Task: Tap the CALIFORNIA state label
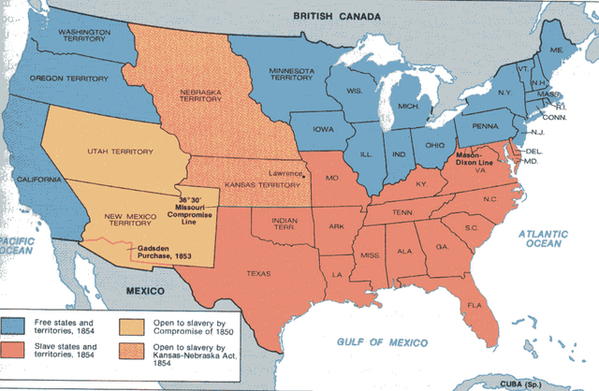[x=38, y=180]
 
